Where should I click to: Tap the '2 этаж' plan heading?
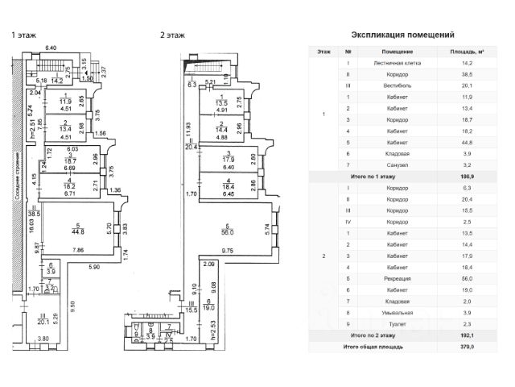click(174, 35)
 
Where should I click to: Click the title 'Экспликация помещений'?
click(404, 35)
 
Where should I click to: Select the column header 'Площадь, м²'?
click(466, 52)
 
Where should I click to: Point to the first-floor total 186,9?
click(466, 174)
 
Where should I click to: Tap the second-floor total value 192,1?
click(466, 334)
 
